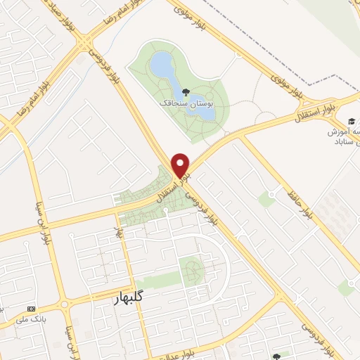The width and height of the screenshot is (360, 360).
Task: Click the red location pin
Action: [x=181, y=165]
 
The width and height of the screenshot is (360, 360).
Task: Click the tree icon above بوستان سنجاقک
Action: [x=185, y=91]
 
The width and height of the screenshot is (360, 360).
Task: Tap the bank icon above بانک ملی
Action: [x=30, y=309]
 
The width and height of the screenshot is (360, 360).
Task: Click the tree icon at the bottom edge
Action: [x=276, y=356]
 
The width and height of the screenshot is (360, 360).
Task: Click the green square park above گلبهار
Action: [x=191, y=269]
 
